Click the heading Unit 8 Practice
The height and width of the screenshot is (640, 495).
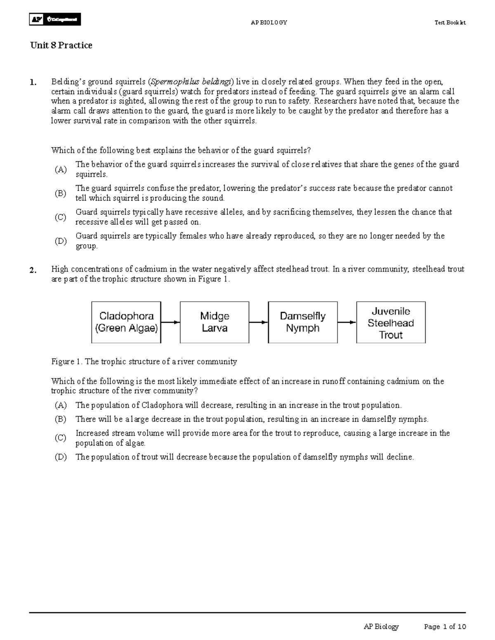click(61, 45)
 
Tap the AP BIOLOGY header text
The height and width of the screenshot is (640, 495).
click(269, 23)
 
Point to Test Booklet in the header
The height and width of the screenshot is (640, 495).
click(450, 23)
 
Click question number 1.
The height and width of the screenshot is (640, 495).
click(33, 82)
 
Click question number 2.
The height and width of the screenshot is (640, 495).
click(33, 270)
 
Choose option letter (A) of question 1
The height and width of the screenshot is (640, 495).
click(61, 169)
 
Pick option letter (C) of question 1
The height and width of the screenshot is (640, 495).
click(61, 217)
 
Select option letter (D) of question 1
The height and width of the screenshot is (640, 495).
click(61, 241)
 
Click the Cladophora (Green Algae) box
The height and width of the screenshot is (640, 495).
click(126, 322)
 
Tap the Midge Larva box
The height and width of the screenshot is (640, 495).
click(214, 322)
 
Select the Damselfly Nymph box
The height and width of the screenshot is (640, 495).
click(303, 322)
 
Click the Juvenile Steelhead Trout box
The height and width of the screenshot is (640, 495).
click(391, 322)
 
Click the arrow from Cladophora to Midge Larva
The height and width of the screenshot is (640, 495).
click(170, 322)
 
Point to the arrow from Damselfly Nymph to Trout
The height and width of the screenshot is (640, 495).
click(346, 322)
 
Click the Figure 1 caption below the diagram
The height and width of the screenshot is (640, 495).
click(144, 362)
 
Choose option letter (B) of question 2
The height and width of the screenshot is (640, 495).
click(61, 420)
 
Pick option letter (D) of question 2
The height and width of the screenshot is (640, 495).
click(61, 457)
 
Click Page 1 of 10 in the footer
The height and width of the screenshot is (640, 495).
click(445, 627)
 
